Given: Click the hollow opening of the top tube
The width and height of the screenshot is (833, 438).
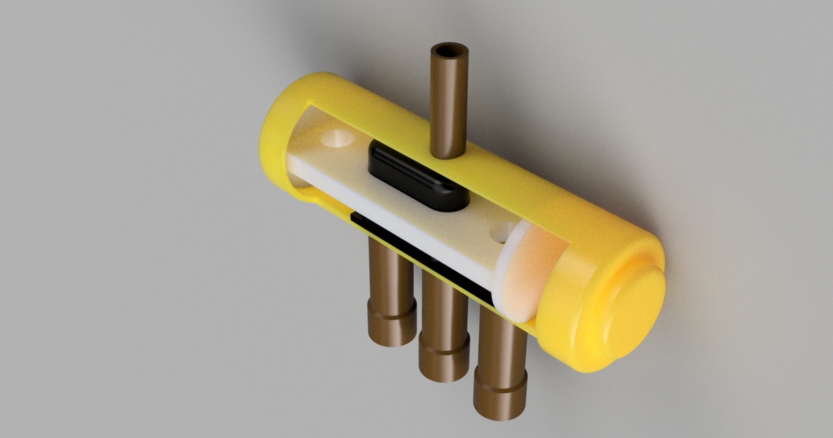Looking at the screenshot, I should click(x=448, y=53).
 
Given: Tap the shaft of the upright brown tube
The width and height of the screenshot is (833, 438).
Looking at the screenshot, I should click(x=448, y=104).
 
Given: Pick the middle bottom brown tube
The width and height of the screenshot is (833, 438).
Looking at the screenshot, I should click(x=444, y=313).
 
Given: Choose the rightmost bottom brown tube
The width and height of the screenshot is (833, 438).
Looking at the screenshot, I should click(x=500, y=348).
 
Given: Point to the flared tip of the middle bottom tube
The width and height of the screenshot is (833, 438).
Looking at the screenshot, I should click(x=444, y=362).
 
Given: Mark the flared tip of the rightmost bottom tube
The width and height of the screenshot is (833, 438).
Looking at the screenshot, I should click(x=499, y=400).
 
